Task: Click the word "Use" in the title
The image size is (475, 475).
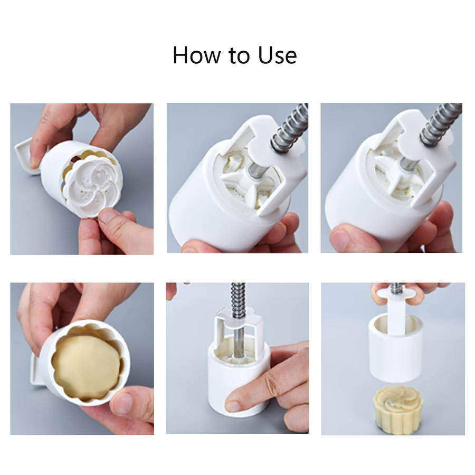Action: (277, 55)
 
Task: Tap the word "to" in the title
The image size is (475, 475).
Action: (239, 56)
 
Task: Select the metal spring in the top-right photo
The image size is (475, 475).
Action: (440, 122)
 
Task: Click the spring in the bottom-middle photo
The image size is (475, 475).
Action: (238, 301)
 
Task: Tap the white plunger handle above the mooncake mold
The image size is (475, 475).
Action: (396, 309)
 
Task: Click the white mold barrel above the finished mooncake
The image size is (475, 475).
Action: (396, 348)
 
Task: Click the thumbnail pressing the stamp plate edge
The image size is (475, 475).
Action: (107, 216)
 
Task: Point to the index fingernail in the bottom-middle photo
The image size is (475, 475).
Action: (233, 405)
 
